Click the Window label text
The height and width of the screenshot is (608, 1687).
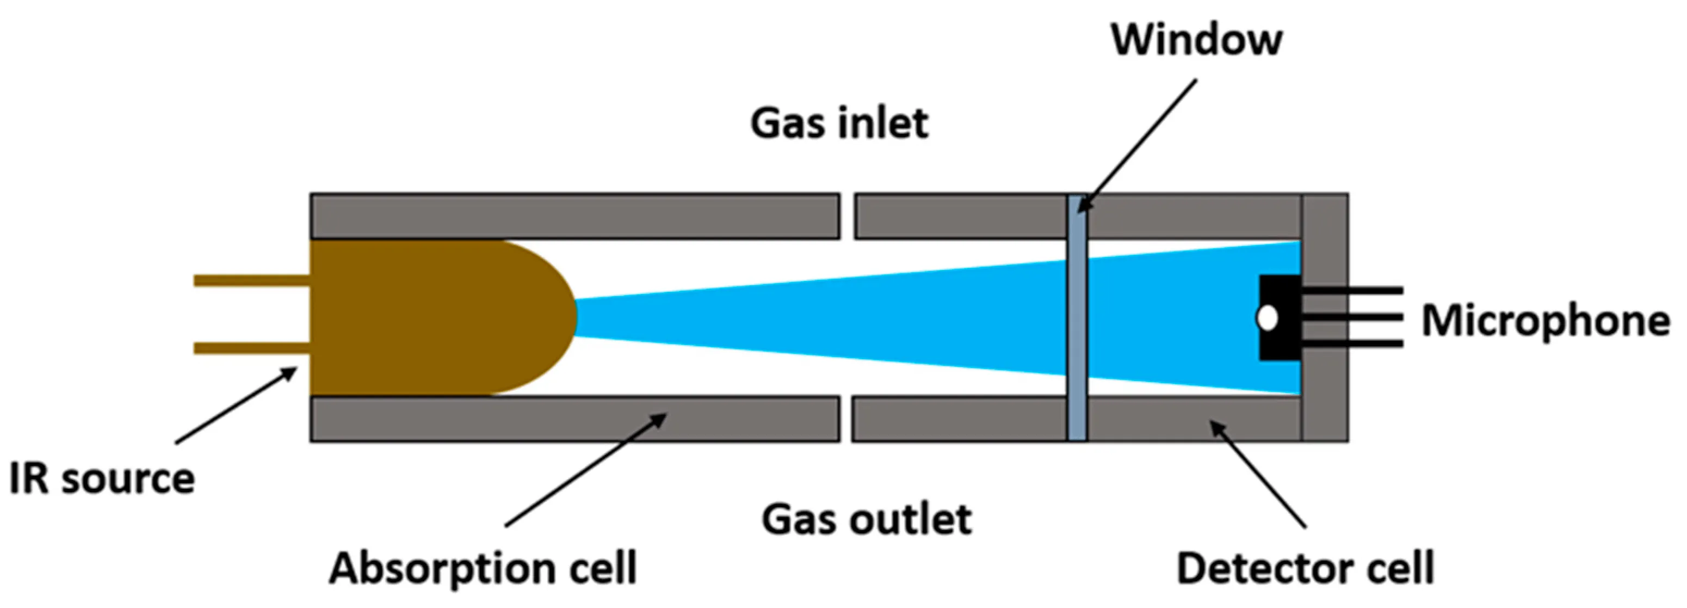coord(1196,41)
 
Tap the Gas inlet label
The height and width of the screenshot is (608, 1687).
coord(839,123)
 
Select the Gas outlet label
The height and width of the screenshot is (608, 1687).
coord(866,520)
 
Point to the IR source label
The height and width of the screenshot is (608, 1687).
coord(102,478)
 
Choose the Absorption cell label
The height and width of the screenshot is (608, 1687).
coord(483,567)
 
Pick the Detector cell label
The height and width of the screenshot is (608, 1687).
coord(1305,567)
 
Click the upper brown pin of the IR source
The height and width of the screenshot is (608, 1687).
coord(252,280)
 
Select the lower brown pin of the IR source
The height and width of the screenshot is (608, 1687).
coord(252,348)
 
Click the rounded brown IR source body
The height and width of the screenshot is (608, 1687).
coord(432,318)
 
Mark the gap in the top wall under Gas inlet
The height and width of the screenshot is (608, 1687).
coord(847,216)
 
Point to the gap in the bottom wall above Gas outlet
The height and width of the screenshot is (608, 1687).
coord(845,419)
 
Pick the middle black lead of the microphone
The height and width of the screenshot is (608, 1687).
coord(1352,317)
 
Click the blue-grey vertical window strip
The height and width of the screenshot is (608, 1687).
coord(1077,318)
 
